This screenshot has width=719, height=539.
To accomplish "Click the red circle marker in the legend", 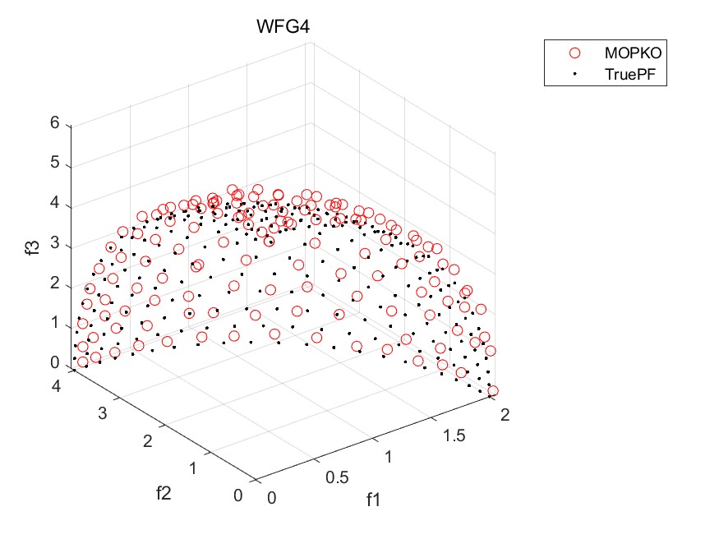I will tap(574, 53).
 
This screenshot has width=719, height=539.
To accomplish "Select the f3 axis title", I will tap(32, 242).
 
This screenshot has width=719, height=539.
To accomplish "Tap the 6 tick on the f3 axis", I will tap(54, 124).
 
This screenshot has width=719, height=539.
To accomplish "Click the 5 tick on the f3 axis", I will tap(54, 164).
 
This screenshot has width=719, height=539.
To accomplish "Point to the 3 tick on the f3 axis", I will tap(54, 244).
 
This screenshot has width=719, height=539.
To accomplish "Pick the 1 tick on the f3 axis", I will tap(54, 323).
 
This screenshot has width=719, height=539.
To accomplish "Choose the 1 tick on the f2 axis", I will tap(194, 469).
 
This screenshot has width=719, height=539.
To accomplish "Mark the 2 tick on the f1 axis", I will tap(505, 417).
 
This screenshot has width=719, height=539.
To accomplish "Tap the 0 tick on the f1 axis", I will tap(272, 498).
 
